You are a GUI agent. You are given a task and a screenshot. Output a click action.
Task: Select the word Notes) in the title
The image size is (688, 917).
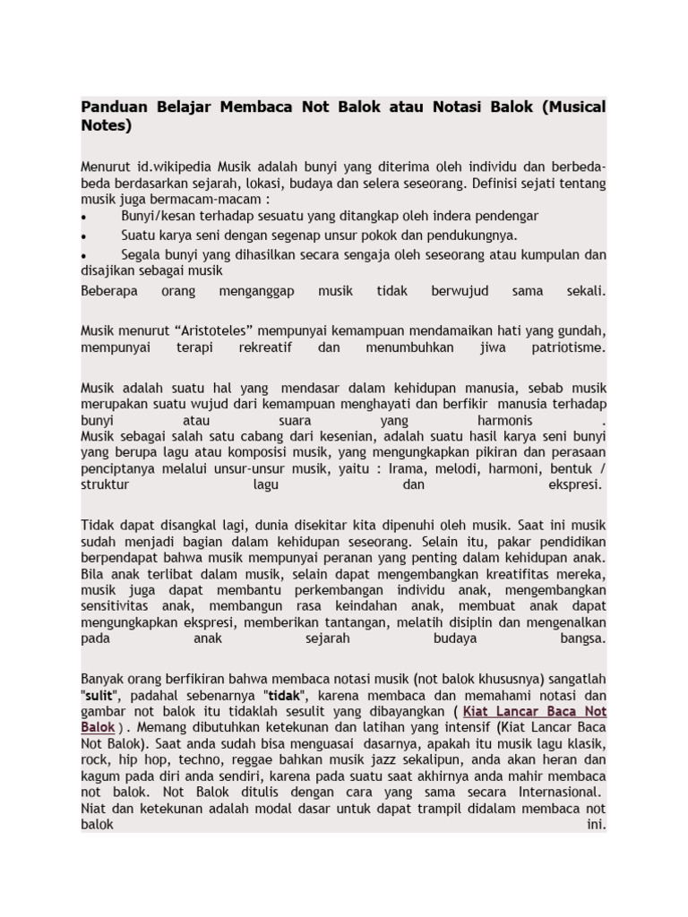coord(106,126)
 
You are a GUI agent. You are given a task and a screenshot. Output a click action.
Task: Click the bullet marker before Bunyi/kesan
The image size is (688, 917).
coord(84,217)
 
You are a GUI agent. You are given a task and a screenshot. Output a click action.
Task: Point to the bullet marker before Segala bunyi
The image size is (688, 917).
coord(84,254)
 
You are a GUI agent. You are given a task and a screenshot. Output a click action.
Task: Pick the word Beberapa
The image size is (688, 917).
coord(110,291)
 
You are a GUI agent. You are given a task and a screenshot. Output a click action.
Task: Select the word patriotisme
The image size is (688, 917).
coord(566,347)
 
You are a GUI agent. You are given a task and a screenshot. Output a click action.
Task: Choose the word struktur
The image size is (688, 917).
coord(106,484)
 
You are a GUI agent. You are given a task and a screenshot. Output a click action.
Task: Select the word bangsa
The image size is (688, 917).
coord(584,638)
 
